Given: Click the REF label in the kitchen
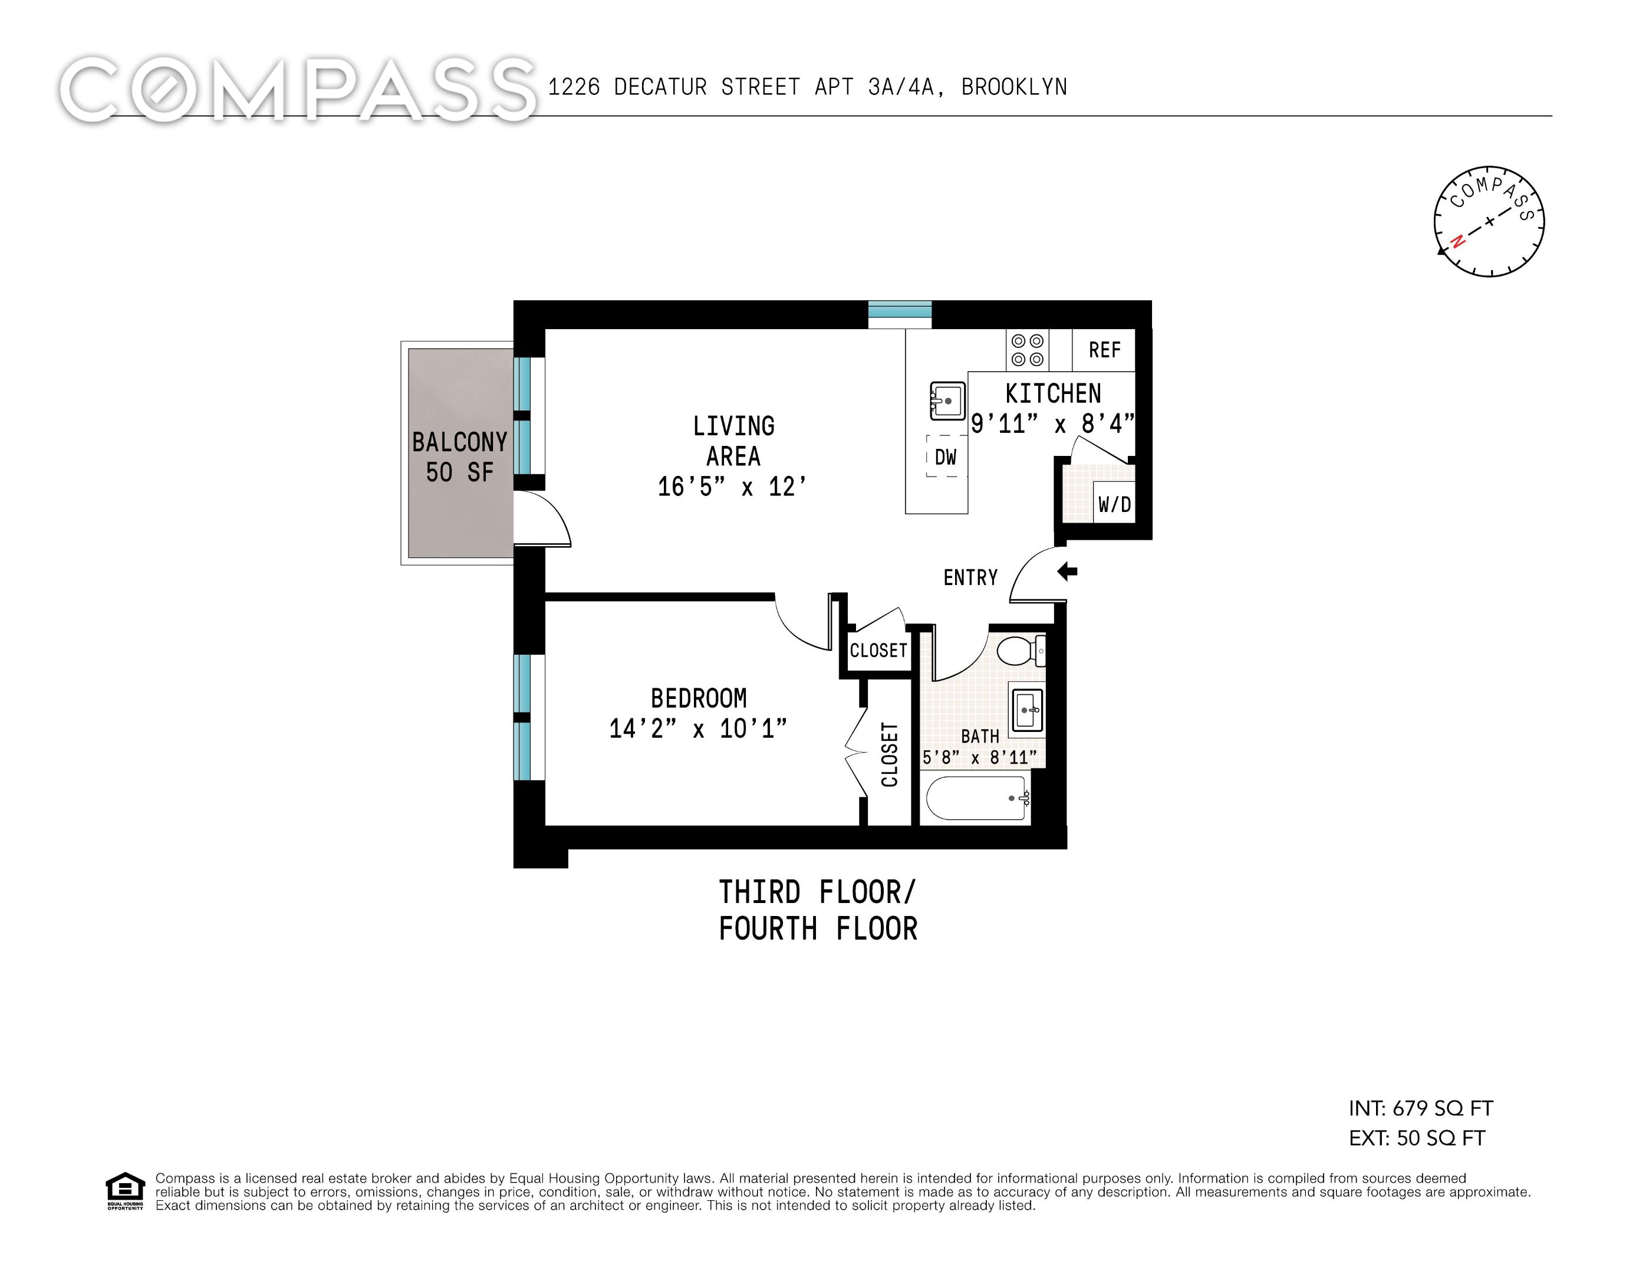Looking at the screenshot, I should pos(1104,350).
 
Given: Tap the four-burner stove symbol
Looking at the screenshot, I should pos(1027,350).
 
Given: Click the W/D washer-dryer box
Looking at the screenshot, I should pos(1114,504).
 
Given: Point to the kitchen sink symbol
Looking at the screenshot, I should pos(947,401).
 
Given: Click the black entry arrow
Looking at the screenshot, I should pos(1067,572).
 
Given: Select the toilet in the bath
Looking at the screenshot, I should pos(1019,650).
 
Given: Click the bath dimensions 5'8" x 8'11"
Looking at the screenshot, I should pos(979,757).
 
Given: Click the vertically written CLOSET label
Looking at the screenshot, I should pos(890,754).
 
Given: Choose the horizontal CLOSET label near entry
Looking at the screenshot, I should pos(878,650).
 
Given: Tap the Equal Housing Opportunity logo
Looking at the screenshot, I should pos(124,1191).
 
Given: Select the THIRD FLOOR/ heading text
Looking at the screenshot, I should pos(817,892).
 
